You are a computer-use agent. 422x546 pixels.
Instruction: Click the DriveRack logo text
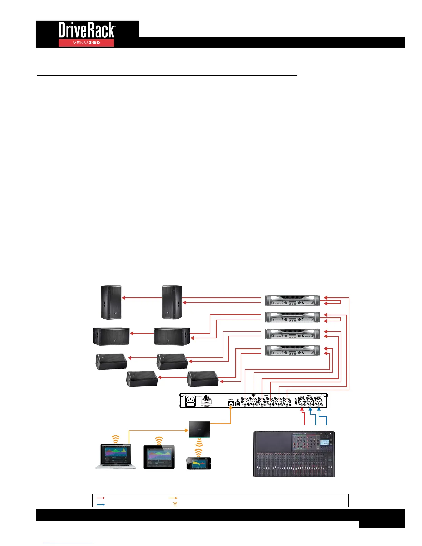(87, 30)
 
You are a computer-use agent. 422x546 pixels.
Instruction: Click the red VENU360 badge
(86, 43)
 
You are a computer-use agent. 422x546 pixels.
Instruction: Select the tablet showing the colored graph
(159, 457)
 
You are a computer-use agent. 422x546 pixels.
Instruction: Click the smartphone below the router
(199, 463)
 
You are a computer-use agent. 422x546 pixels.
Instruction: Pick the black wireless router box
(199, 429)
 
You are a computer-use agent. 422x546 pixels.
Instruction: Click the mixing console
(294, 454)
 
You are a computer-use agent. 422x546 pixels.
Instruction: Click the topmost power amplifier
(292, 300)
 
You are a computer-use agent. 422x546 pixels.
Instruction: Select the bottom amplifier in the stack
(292, 350)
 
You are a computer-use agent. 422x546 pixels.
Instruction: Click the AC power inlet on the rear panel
(191, 401)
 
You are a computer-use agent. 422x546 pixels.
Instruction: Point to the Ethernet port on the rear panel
(231, 403)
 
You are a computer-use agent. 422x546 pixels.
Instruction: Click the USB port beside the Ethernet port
(238, 403)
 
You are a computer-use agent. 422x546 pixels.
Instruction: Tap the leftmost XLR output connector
(245, 401)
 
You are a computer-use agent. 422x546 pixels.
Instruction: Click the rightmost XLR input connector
(318, 401)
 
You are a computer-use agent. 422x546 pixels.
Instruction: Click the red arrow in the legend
(101, 498)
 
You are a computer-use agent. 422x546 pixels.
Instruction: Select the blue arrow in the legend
(101, 505)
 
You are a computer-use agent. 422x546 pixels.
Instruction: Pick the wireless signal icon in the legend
(175, 504)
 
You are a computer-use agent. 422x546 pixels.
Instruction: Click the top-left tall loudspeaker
(111, 302)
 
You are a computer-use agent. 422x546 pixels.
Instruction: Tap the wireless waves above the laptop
(116, 439)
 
